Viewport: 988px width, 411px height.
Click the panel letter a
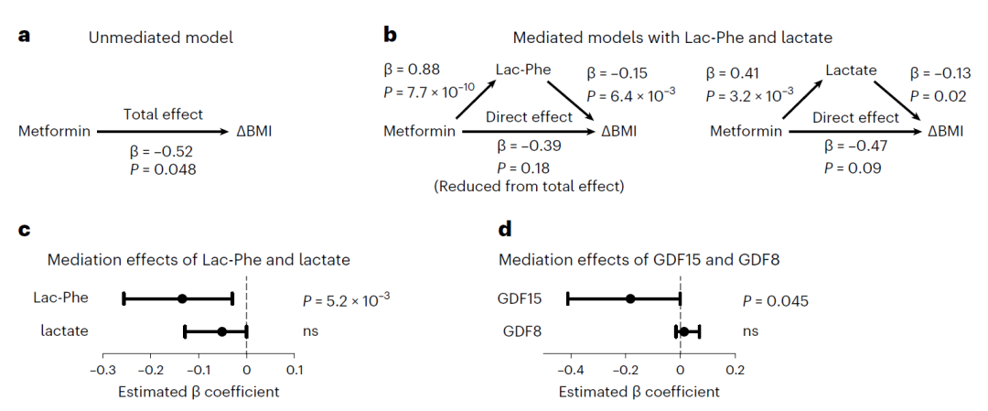[25, 36]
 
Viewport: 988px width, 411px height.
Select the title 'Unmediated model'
[161, 38]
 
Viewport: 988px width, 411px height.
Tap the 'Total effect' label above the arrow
[163, 114]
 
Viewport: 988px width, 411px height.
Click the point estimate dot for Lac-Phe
[182, 298]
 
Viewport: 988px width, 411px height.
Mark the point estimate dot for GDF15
[630, 298]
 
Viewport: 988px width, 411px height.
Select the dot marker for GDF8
[684, 331]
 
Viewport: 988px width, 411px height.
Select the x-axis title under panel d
[639, 392]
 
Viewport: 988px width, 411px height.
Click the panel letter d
[505, 229]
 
